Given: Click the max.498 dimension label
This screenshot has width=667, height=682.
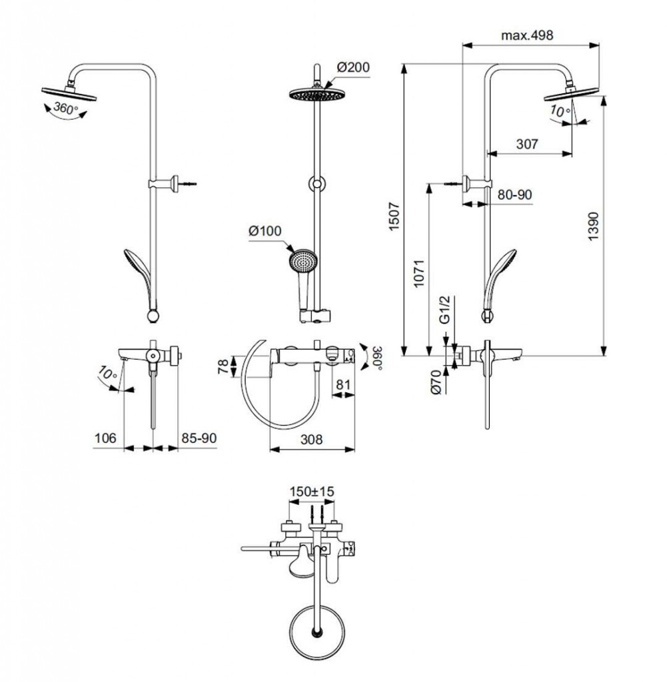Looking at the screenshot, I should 527,36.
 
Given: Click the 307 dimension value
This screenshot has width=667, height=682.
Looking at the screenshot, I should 526,144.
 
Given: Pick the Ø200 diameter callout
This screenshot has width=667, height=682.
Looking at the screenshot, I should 353,67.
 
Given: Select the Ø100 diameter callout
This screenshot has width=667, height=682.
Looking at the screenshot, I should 265,230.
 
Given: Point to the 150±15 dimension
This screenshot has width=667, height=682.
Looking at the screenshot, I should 311,491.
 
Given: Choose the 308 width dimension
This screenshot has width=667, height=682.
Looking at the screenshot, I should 311,440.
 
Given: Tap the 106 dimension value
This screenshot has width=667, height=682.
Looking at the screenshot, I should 105,438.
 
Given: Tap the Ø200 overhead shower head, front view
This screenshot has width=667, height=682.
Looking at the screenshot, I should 317,95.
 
